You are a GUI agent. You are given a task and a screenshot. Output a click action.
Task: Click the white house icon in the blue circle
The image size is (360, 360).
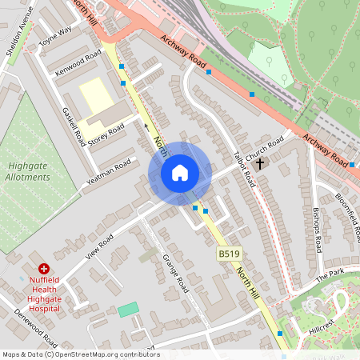(180, 173)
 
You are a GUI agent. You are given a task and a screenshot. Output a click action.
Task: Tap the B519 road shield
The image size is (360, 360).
(229, 254)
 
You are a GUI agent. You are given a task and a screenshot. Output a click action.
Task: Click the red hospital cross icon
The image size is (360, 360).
(44, 269)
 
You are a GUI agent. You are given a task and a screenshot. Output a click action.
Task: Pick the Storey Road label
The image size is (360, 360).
(106, 134)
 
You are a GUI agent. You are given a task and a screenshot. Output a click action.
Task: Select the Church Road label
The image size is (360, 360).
(265, 148)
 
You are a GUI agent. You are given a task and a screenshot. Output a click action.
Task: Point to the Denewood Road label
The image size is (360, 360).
(35, 328)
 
